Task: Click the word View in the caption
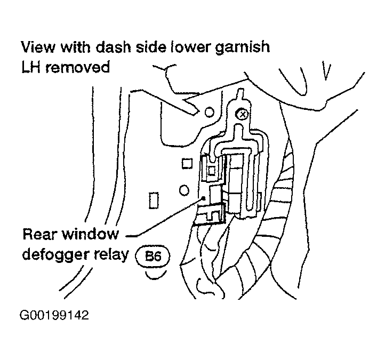coord(38,47)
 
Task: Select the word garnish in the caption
coord(242,47)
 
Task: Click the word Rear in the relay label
coord(39,234)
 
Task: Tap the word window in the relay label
coord(90,234)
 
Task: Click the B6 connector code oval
coord(153,257)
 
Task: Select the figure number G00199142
coord(54,315)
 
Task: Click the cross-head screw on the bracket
coord(242,114)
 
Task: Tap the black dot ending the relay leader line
coord(204,198)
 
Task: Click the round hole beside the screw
coord(209,112)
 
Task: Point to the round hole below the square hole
coord(184,190)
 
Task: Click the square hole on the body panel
coord(187,164)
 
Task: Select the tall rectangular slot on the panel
coord(154,200)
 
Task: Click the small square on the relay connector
coord(212,171)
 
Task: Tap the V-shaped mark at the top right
coord(326,71)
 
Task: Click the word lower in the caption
coord(190,47)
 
